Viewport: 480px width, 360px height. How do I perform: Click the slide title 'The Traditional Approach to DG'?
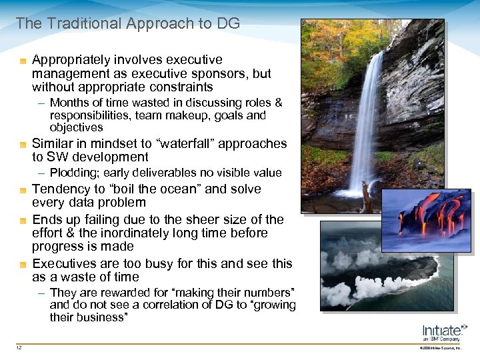[127, 24]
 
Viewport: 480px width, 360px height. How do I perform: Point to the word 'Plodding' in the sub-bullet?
[74, 173]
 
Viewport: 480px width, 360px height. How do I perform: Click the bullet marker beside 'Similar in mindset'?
[23, 144]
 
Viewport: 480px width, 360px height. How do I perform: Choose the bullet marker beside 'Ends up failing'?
[23, 220]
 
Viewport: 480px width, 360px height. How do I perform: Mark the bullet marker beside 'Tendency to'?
[23, 190]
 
